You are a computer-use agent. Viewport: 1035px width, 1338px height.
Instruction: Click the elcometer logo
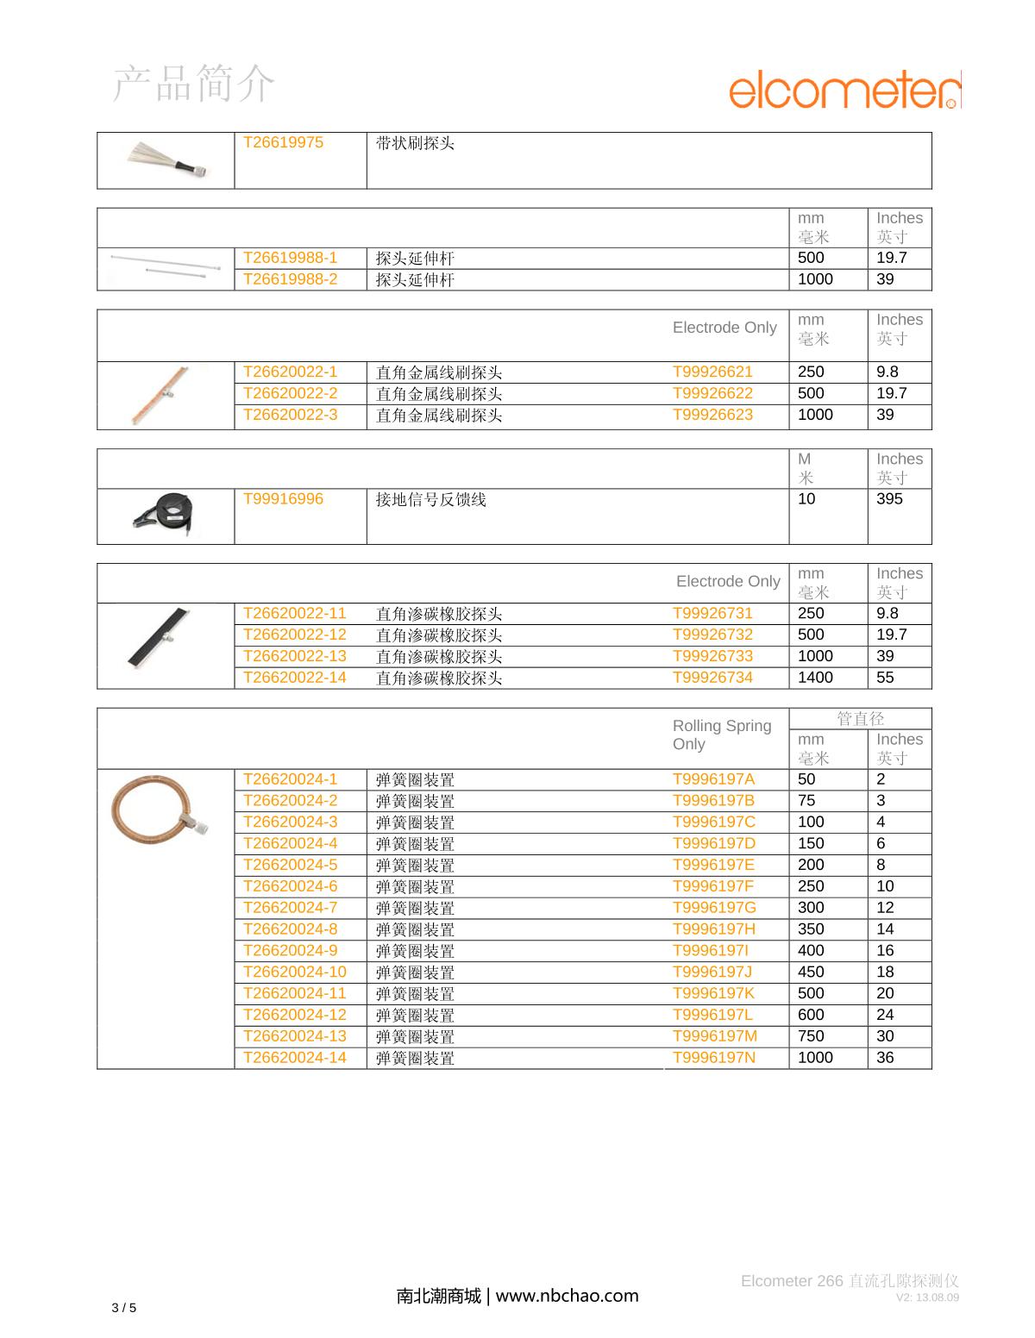coord(844,92)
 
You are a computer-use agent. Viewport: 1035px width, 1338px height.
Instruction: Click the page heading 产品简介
coord(194,84)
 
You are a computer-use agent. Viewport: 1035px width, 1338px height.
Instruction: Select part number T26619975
coord(283,143)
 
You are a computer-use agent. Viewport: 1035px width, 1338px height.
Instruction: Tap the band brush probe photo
coord(166,160)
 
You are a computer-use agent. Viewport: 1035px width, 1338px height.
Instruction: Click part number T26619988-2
coord(290,279)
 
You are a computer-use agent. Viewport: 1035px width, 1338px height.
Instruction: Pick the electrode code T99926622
coord(712,393)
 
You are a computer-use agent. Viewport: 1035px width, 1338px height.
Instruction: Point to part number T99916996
coord(283,499)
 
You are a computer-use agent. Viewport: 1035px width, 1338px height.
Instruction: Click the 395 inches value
coord(889,499)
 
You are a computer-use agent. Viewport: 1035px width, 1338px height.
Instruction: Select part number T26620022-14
coord(294,678)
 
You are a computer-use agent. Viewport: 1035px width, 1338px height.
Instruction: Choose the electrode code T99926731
coord(712,614)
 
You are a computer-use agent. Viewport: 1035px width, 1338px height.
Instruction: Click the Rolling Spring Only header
coord(722,735)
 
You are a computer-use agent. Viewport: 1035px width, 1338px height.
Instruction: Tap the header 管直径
coord(860,718)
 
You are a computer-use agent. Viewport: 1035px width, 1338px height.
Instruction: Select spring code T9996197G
coord(714,908)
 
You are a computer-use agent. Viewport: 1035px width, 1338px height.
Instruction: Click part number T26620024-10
coord(294,972)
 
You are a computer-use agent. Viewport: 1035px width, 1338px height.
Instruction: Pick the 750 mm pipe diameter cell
coord(811,1036)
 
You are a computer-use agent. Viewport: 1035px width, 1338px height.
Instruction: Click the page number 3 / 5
coord(124,1308)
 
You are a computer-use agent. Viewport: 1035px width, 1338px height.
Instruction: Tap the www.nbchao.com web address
coord(568,1295)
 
